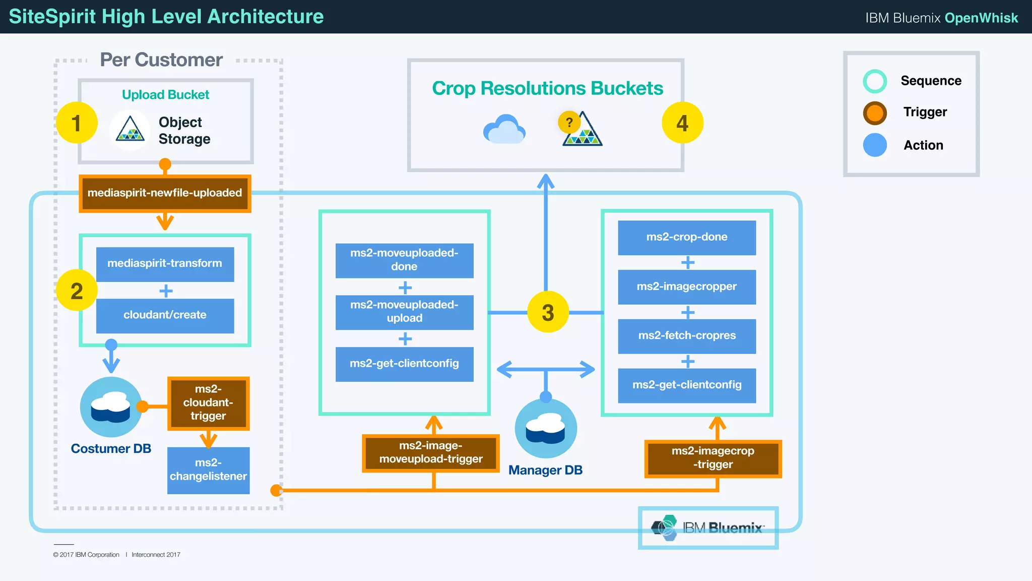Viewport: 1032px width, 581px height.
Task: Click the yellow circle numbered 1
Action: (77, 123)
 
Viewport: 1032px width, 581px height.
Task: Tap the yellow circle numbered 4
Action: (682, 123)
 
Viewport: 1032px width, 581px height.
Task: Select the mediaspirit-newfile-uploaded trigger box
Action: (165, 193)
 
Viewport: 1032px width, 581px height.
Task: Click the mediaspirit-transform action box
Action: (165, 264)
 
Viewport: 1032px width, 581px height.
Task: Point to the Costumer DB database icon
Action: (111, 406)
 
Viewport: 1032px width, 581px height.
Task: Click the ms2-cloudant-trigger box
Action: (208, 403)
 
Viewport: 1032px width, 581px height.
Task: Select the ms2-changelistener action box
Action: (208, 470)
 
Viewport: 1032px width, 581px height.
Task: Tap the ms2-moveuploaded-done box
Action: (404, 260)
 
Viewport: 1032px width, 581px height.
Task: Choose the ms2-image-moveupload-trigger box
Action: (431, 453)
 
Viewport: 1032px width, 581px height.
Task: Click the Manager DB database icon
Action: (545, 429)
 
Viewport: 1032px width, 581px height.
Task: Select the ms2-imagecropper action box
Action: (686, 287)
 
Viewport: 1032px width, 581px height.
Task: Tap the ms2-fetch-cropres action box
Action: (686, 336)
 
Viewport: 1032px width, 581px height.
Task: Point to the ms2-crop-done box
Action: (686, 238)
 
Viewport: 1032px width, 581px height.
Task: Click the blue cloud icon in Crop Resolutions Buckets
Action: (504, 130)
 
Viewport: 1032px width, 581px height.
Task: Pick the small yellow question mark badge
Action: (569, 122)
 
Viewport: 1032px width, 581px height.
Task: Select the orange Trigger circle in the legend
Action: (875, 113)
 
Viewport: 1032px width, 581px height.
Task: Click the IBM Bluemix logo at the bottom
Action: (708, 528)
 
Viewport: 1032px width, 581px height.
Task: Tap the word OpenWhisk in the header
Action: (981, 18)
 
